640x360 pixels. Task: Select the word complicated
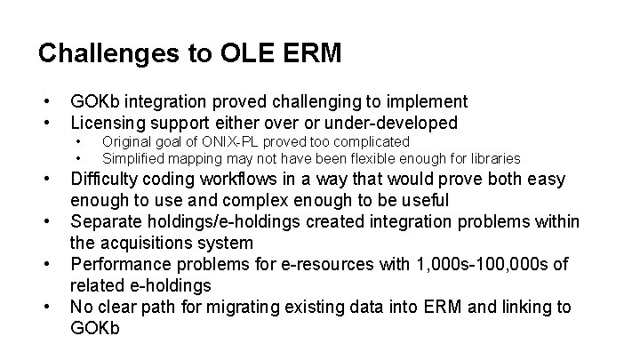pos(371,141)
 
